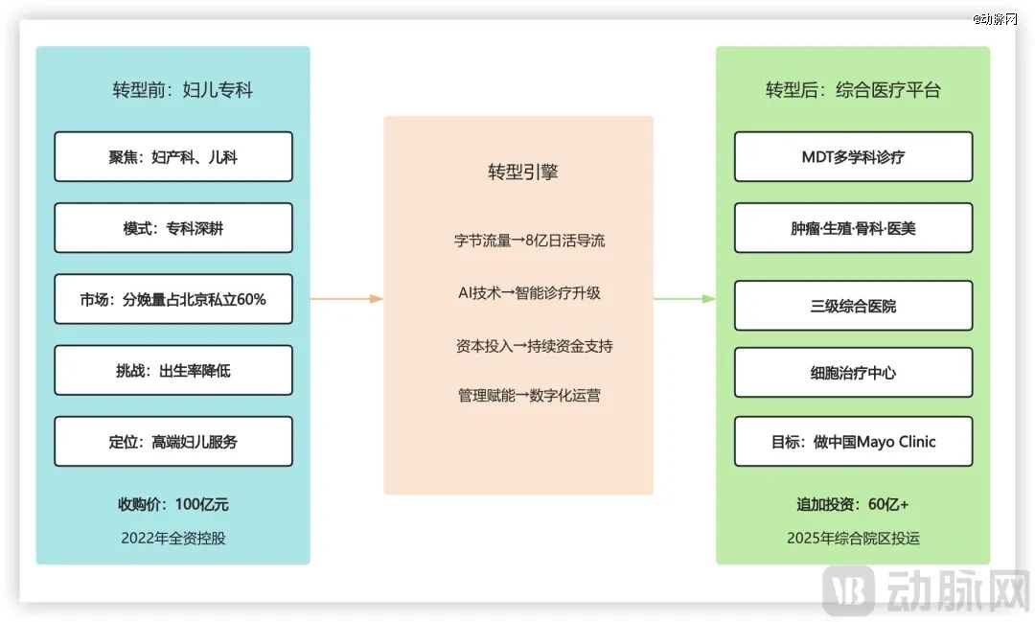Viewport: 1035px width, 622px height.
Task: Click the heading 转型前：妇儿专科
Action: [x=182, y=91]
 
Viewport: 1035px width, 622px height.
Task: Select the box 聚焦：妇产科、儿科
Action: [x=173, y=157]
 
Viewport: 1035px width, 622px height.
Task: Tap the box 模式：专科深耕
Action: [x=173, y=228]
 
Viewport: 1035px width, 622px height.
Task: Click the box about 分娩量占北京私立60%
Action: [x=173, y=299]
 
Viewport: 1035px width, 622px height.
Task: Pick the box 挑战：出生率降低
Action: [x=173, y=370]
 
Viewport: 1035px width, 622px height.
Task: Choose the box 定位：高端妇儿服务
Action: [x=173, y=442]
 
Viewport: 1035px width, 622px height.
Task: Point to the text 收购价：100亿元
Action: [x=173, y=505]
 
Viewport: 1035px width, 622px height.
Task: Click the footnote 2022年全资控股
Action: [x=173, y=538]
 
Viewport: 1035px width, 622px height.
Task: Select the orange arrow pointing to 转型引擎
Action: [x=347, y=299]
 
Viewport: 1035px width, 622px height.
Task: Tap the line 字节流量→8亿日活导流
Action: [x=529, y=241]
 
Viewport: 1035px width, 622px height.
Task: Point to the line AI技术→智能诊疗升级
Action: [x=529, y=293]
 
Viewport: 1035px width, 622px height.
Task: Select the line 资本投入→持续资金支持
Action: [x=534, y=346]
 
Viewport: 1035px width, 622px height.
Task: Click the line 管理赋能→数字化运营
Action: [x=529, y=396]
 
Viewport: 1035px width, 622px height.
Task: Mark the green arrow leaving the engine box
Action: [x=684, y=299]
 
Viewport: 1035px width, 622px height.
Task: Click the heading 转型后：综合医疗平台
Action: [x=853, y=91]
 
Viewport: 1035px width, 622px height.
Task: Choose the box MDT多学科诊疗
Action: [x=853, y=157]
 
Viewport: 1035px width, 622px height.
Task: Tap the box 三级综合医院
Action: [x=853, y=306]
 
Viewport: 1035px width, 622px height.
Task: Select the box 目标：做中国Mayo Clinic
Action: [x=853, y=442]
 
